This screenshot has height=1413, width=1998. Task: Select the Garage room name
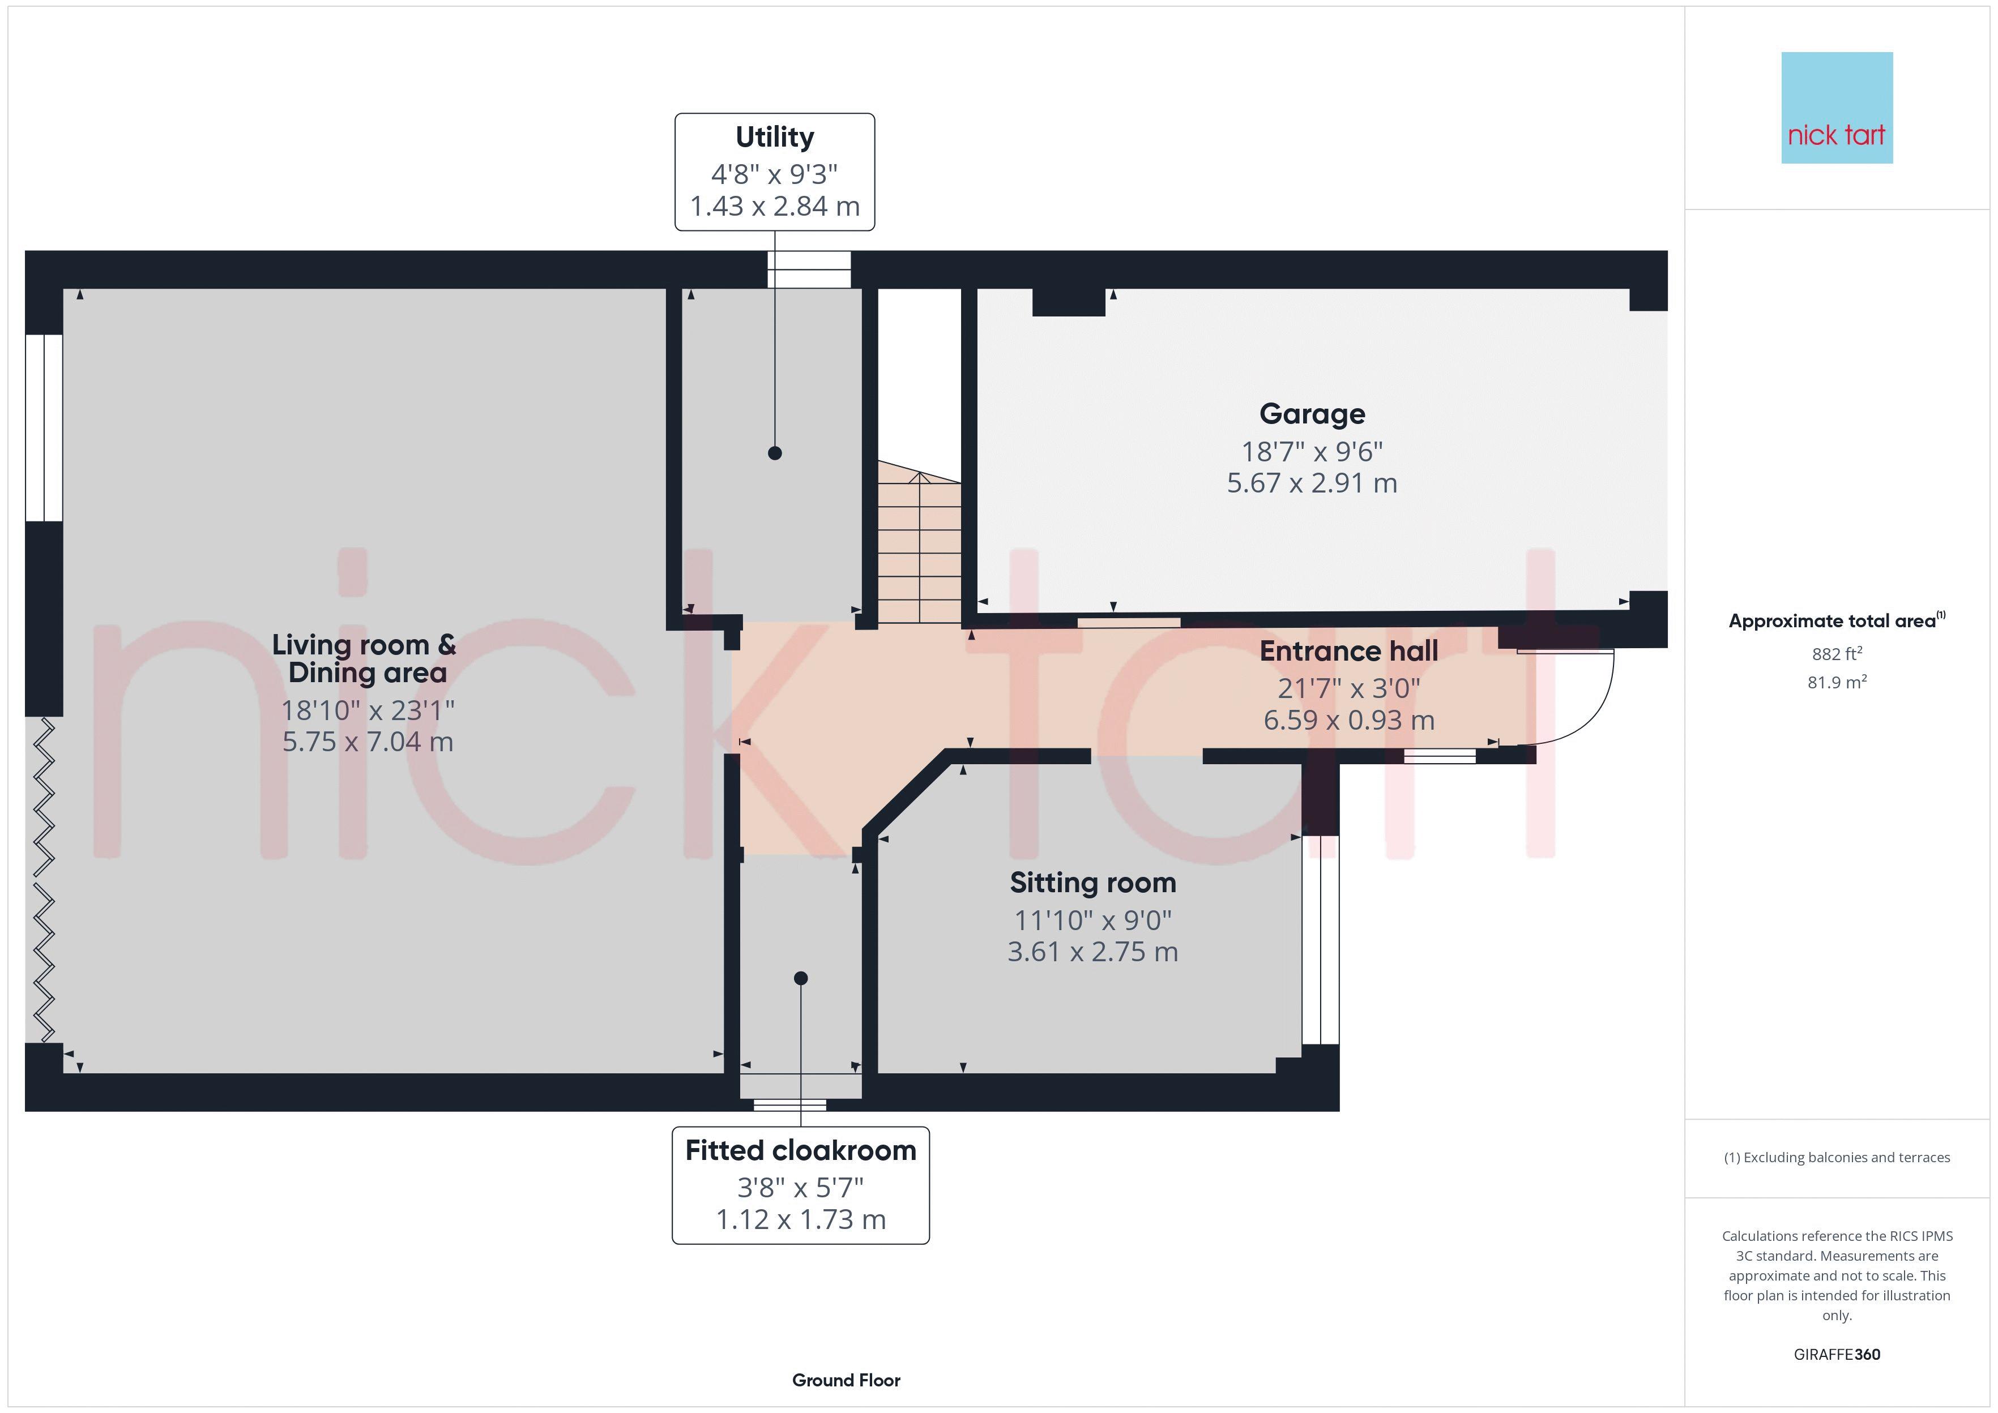[x=1312, y=414]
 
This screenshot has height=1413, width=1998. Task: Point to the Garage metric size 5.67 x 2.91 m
[x=1312, y=483]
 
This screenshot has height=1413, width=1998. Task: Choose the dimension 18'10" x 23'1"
[x=367, y=711]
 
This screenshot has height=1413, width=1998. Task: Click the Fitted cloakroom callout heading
[x=801, y=1150]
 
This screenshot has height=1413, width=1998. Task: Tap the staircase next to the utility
[x=919, y=548]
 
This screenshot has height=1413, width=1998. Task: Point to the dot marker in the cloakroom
[x=801, y=979]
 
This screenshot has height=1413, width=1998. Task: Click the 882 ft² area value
[x=1836, y=653]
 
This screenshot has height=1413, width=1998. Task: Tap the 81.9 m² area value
[x=1836, y=682]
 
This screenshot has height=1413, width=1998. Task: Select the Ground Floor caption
[x=846, y=1380]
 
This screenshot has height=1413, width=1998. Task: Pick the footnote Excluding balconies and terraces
[x=1836, y=1157]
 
